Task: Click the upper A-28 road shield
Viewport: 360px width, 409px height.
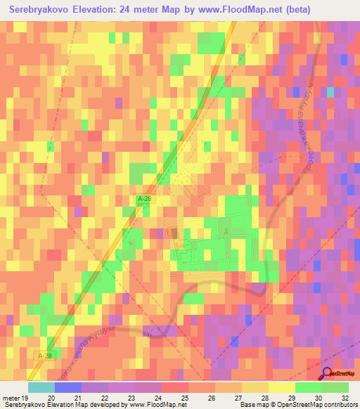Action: click(x=144, y=200)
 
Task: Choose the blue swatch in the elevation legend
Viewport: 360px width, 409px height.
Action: click(x=67, y=387)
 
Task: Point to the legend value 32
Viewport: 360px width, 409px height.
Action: click(x=345, y=397)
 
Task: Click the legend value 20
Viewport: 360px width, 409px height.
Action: click(x=51, y=397)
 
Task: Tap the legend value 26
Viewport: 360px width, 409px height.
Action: click(x=201, y=397)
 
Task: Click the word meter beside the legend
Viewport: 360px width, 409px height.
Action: click(x=12, y=397)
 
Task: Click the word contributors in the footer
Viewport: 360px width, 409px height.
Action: click(x=338, y=405)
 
